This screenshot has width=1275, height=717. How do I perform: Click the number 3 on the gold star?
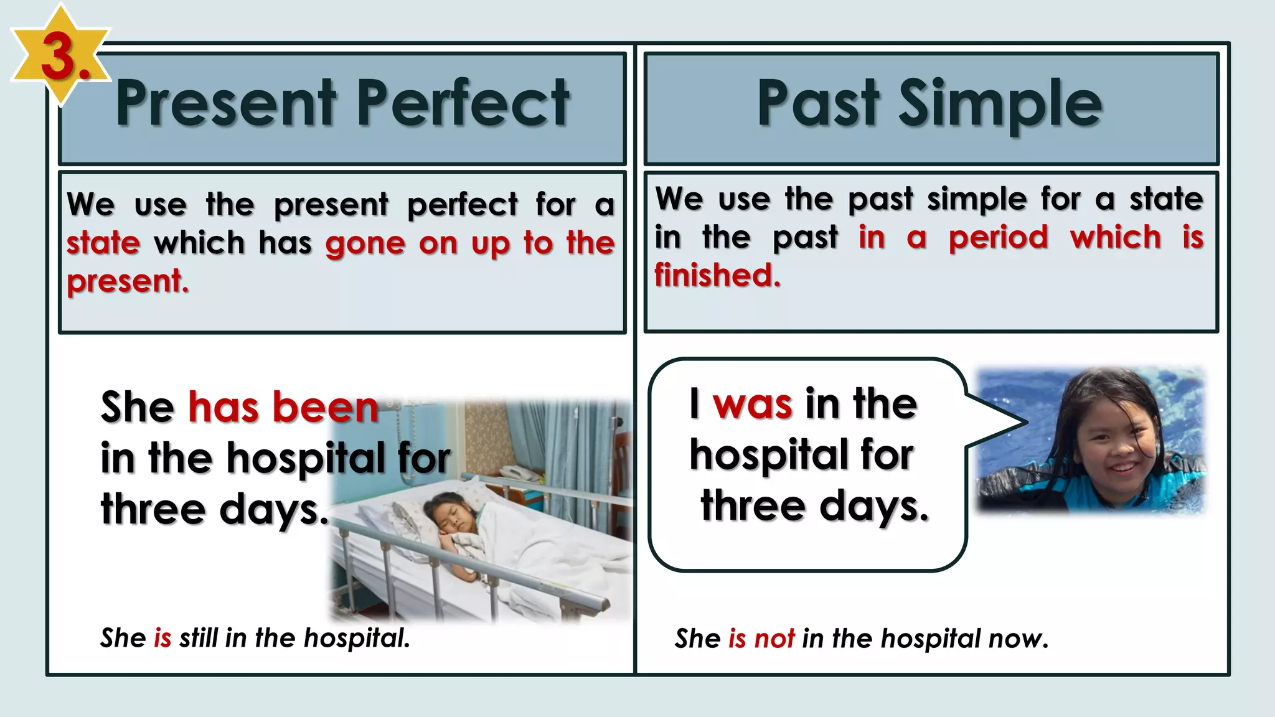tap(59, 57)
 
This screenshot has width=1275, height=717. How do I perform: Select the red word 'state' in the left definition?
tap(103, 243)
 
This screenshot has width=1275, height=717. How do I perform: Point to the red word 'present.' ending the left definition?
tap(128, 281)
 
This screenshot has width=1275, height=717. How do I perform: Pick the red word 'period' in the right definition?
tap(998, 238)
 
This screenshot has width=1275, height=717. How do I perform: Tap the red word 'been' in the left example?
tap(325, 408)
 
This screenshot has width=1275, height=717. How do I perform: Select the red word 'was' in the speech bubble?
tap(752, 405)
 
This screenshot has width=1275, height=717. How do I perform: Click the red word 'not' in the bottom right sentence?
tap(774, 639)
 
